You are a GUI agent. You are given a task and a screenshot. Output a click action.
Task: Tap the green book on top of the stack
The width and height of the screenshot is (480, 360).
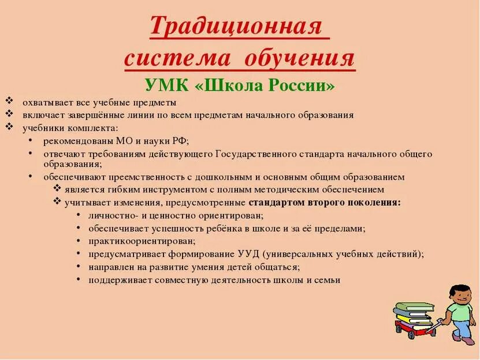click(414, 306)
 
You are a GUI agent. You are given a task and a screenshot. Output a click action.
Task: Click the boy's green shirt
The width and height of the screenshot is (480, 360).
click(460, 314)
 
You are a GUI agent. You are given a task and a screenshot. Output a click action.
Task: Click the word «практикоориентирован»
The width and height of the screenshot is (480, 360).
click(142, 241)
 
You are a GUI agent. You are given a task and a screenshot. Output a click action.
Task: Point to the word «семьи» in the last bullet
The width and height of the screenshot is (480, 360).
click(327, 280)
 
